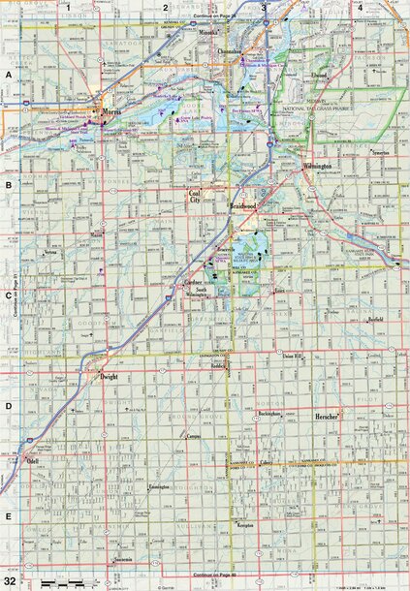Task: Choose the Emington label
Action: coord(159,487)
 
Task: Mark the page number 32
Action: coord(10,579)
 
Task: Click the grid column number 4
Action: coord(360,7)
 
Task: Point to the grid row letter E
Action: coord(8,516)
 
